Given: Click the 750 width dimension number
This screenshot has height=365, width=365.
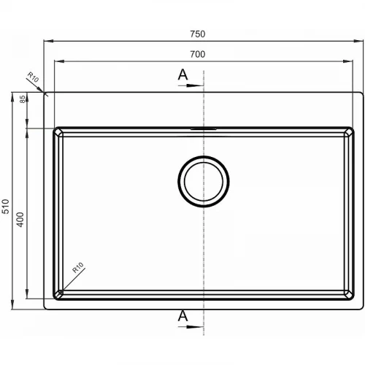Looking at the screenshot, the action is [x=198, y=34].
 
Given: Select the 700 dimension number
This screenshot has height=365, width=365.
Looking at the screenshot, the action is [x=198, y=54].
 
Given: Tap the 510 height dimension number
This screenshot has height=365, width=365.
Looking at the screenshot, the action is [x=5, y=207].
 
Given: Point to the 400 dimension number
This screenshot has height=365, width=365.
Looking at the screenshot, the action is [x=20, y=220].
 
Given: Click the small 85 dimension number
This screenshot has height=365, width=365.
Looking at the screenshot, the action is [x=22, y=99].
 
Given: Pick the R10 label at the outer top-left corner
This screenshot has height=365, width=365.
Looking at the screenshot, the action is [x=33, y=77].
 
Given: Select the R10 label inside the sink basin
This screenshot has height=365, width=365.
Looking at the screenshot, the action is [x=78, y=267].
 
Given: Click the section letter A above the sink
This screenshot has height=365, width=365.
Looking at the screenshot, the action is [x=182, y=74].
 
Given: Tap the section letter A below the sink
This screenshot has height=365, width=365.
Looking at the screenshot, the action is [x=182, y=316].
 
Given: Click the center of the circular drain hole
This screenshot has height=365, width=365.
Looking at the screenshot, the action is [x=204, y=182].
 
